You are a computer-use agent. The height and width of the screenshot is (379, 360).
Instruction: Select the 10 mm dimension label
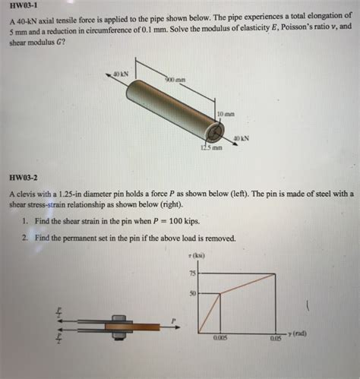click(226, 115)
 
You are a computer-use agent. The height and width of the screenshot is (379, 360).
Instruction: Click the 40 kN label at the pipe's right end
click(241, 139)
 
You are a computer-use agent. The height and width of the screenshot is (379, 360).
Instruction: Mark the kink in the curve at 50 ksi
click(220, 293)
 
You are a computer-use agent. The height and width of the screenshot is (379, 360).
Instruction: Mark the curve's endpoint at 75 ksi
click(274, 273)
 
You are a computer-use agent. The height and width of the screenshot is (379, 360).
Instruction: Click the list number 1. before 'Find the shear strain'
click(25, 221)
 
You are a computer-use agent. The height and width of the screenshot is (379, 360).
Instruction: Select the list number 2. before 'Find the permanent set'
click(25, 237)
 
